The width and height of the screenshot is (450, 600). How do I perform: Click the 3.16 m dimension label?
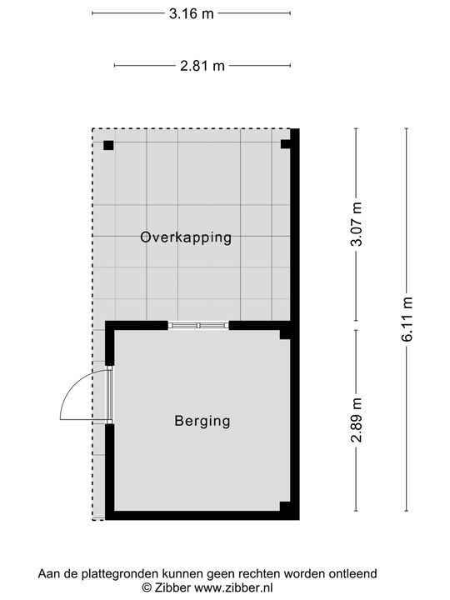coord(192,14)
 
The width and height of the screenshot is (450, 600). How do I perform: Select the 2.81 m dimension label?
coord(202,66)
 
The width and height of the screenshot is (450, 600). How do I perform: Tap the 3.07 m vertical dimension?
coord(357,224)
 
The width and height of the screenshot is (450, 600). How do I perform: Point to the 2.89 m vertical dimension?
coord(357,420)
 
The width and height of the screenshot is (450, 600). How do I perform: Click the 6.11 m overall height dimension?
coord(407,318)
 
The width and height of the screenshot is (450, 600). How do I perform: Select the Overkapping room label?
coord(186,237)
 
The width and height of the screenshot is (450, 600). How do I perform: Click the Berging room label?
coord(202,421)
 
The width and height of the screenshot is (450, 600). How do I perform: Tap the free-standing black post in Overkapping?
coord(108,145)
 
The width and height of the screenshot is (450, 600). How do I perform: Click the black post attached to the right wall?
coord(286,144)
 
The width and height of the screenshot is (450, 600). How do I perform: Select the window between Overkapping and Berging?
coord(198,325)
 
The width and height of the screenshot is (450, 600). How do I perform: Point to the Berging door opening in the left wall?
coord(110,395)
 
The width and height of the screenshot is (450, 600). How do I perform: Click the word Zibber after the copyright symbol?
coord(172,587)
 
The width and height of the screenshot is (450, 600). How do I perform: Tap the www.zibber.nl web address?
coord(233,587)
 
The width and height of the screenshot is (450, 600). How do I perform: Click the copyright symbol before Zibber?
coord(147,587)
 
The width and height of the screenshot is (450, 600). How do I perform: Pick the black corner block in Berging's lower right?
coord(286,507)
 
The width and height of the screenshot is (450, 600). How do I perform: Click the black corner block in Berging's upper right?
coord(286,334)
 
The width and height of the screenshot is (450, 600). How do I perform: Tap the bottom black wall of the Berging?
coord(202,516)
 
